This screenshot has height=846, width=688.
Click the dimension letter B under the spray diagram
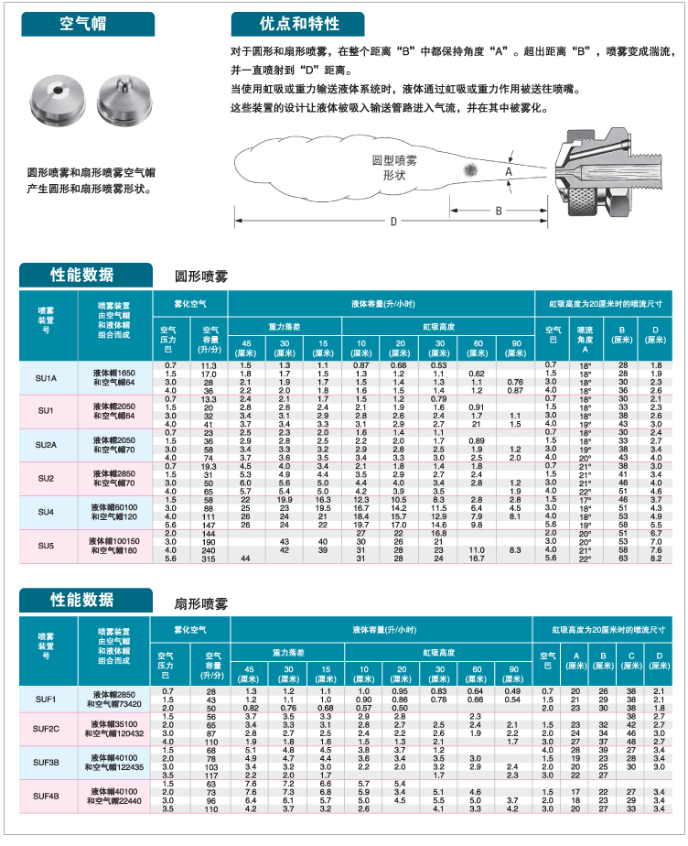(500, 210)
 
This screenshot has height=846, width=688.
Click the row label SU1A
(46, 378)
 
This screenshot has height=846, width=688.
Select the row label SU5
(46, 546)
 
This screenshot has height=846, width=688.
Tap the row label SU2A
(46, 445)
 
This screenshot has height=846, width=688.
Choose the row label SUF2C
(46, 728)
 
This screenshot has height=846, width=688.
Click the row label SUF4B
(46, 796)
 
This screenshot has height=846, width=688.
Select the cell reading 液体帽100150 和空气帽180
(113, 546)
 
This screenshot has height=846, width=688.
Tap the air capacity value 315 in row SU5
(210, 558)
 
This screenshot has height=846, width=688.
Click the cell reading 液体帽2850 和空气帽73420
(113, 699)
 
